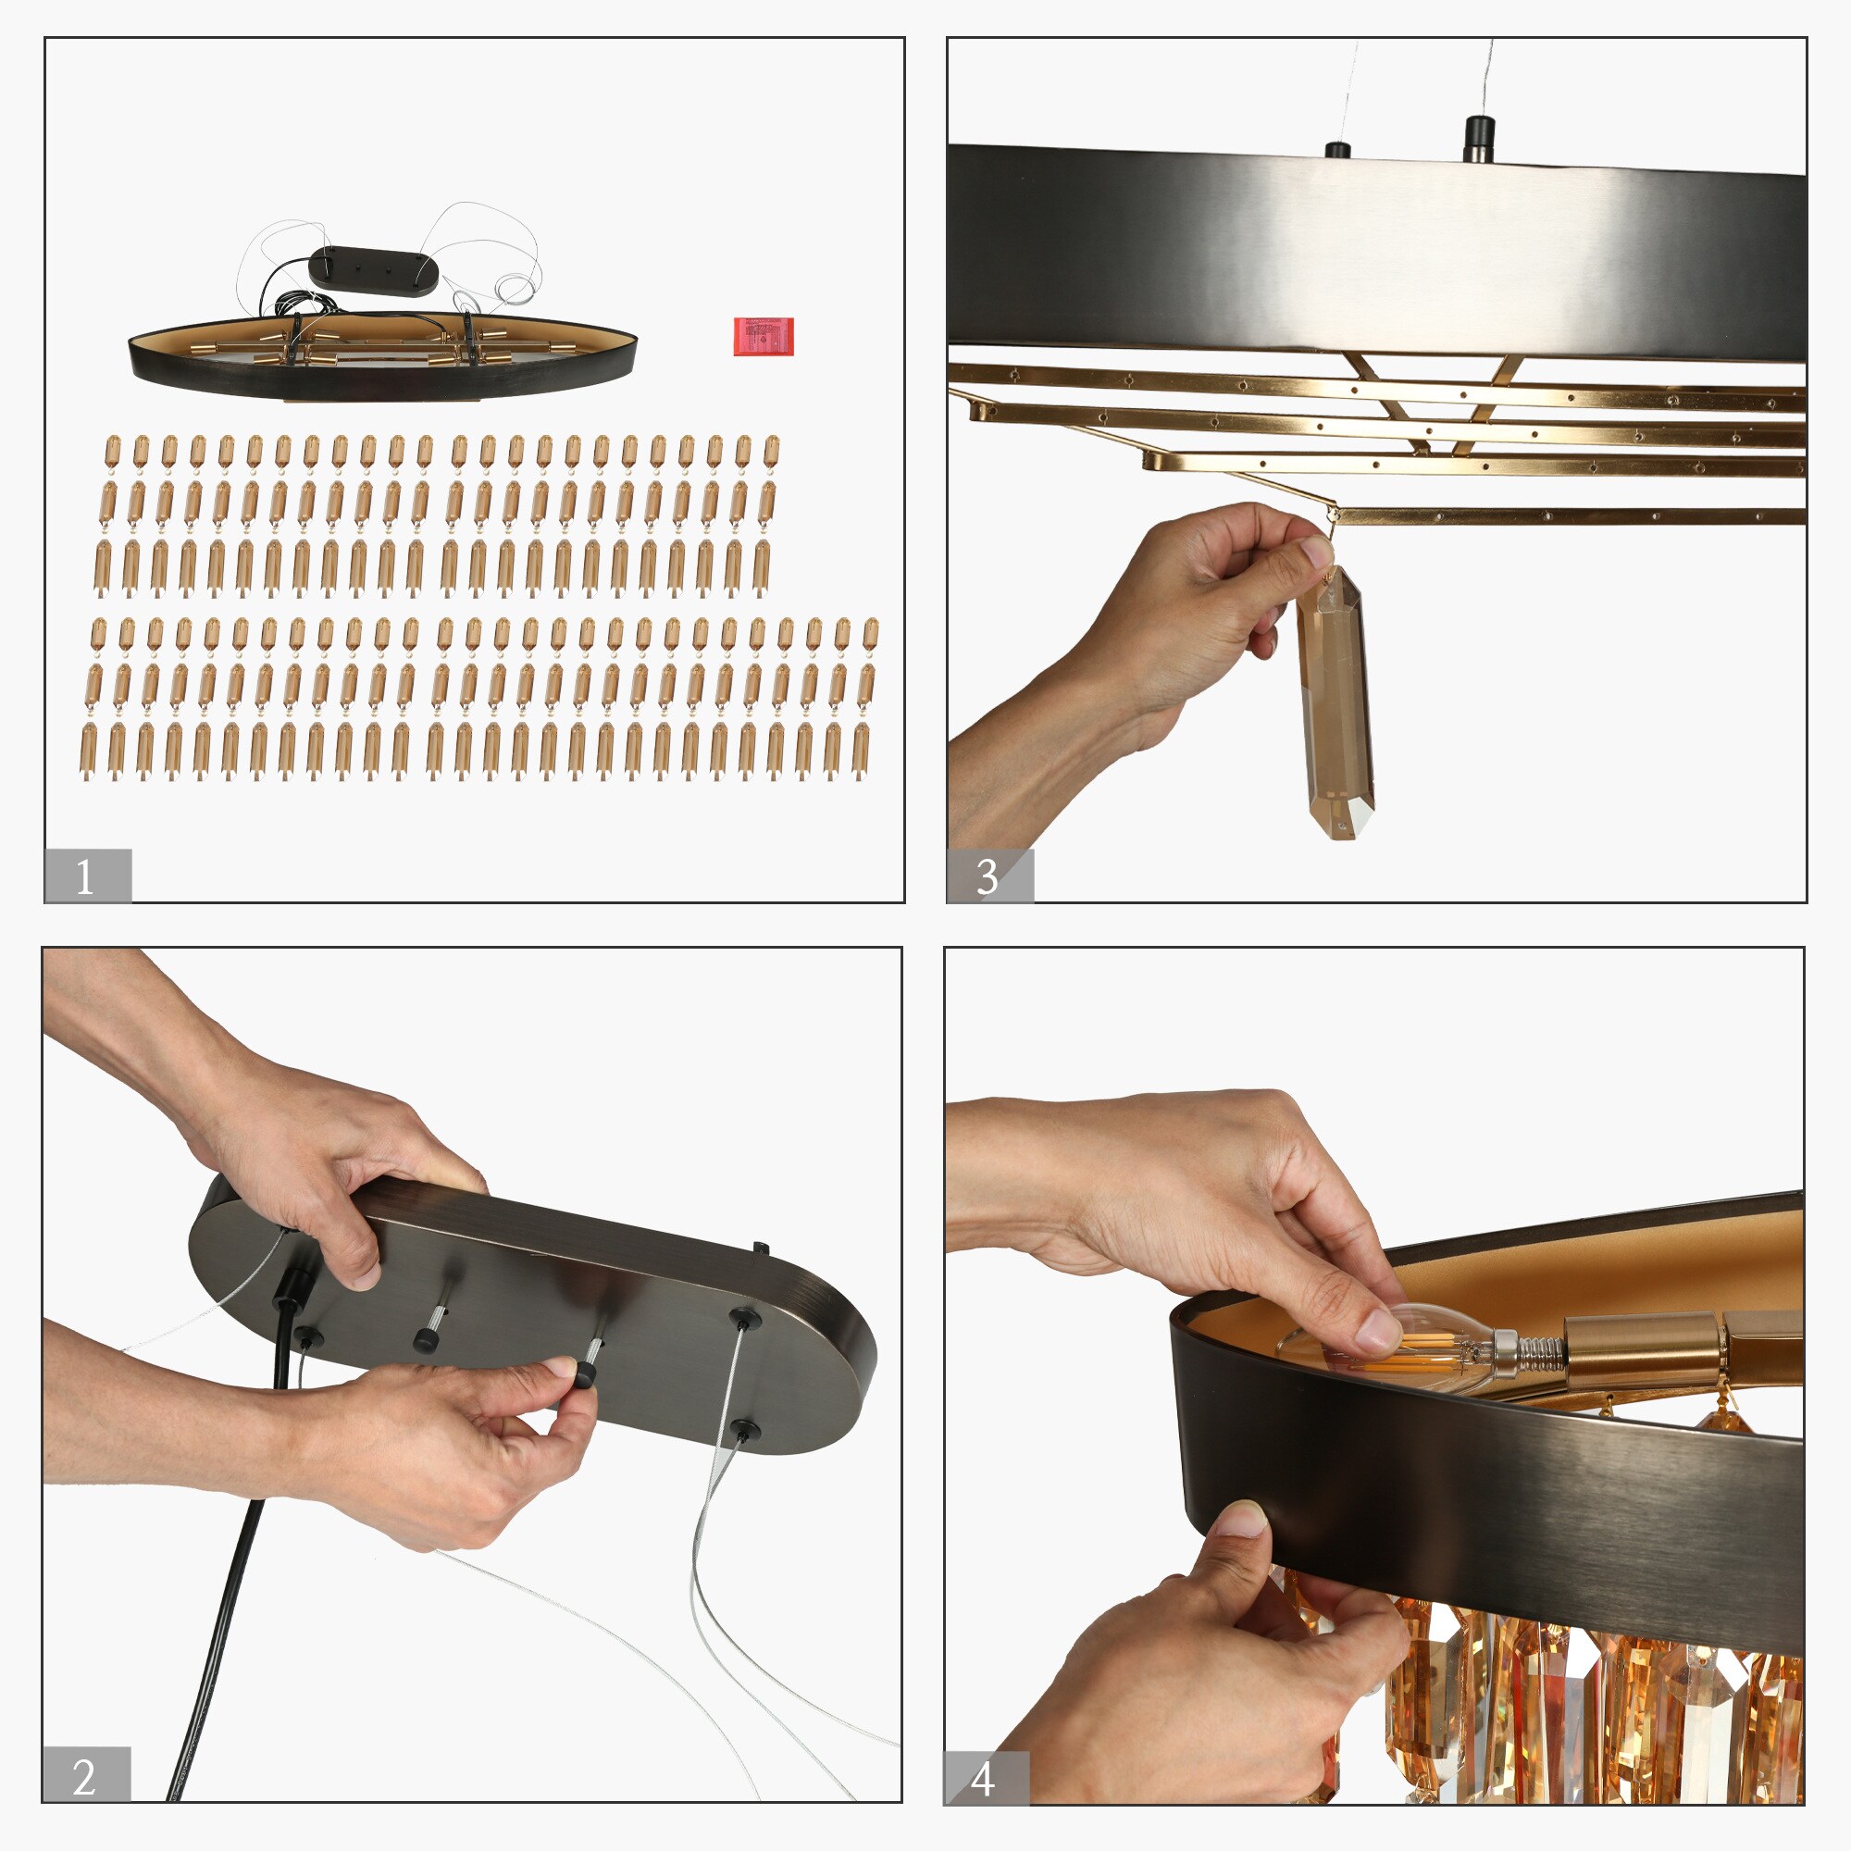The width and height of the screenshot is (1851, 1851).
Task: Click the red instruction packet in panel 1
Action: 764,336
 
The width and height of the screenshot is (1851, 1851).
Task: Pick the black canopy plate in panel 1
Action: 374,271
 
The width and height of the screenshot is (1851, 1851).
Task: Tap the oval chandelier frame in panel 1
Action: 383,356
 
